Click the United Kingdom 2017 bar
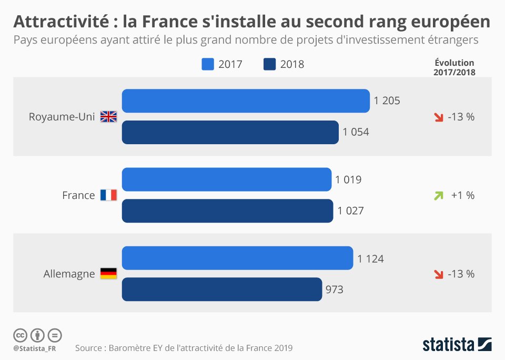(x=246, y=101)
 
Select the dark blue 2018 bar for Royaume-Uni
(x=230, y=133)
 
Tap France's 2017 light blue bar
(x=227, y=179)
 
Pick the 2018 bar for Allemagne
(x=222, y=289)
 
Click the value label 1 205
(x=387, y=101)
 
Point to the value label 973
(x=335, y=289)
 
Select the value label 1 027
(x=350, y=211)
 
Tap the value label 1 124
(x=370, y=258)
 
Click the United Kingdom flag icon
(x=108, y=117)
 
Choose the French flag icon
(x=108, y=195)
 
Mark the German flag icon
(x=108, y=274)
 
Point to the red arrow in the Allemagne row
(x=438, y=274)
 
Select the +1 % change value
(x=462, y=195)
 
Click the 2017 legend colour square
(x=208, y=65)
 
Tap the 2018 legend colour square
(x=269, y=65)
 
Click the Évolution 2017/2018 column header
(x=454, y=68)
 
